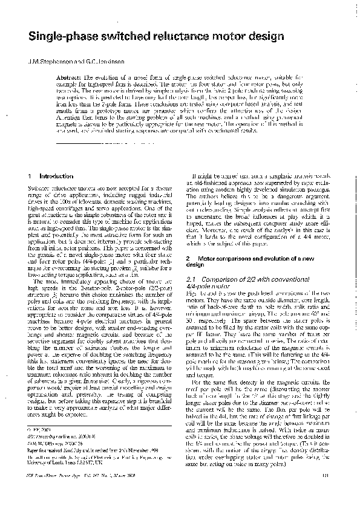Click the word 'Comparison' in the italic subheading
(x=219, y=279)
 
